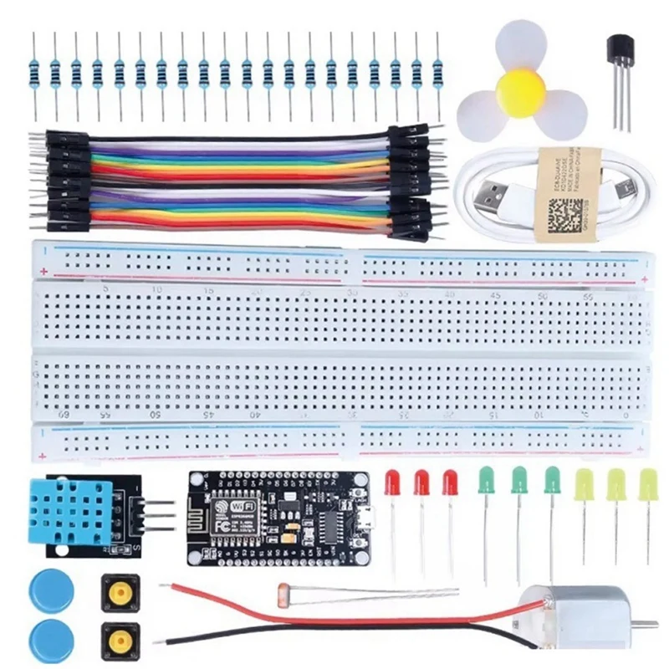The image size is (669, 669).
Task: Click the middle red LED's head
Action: pyautogui.click(x=421, y=483)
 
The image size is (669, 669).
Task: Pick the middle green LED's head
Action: pyautogui.click(x=519, y=480)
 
